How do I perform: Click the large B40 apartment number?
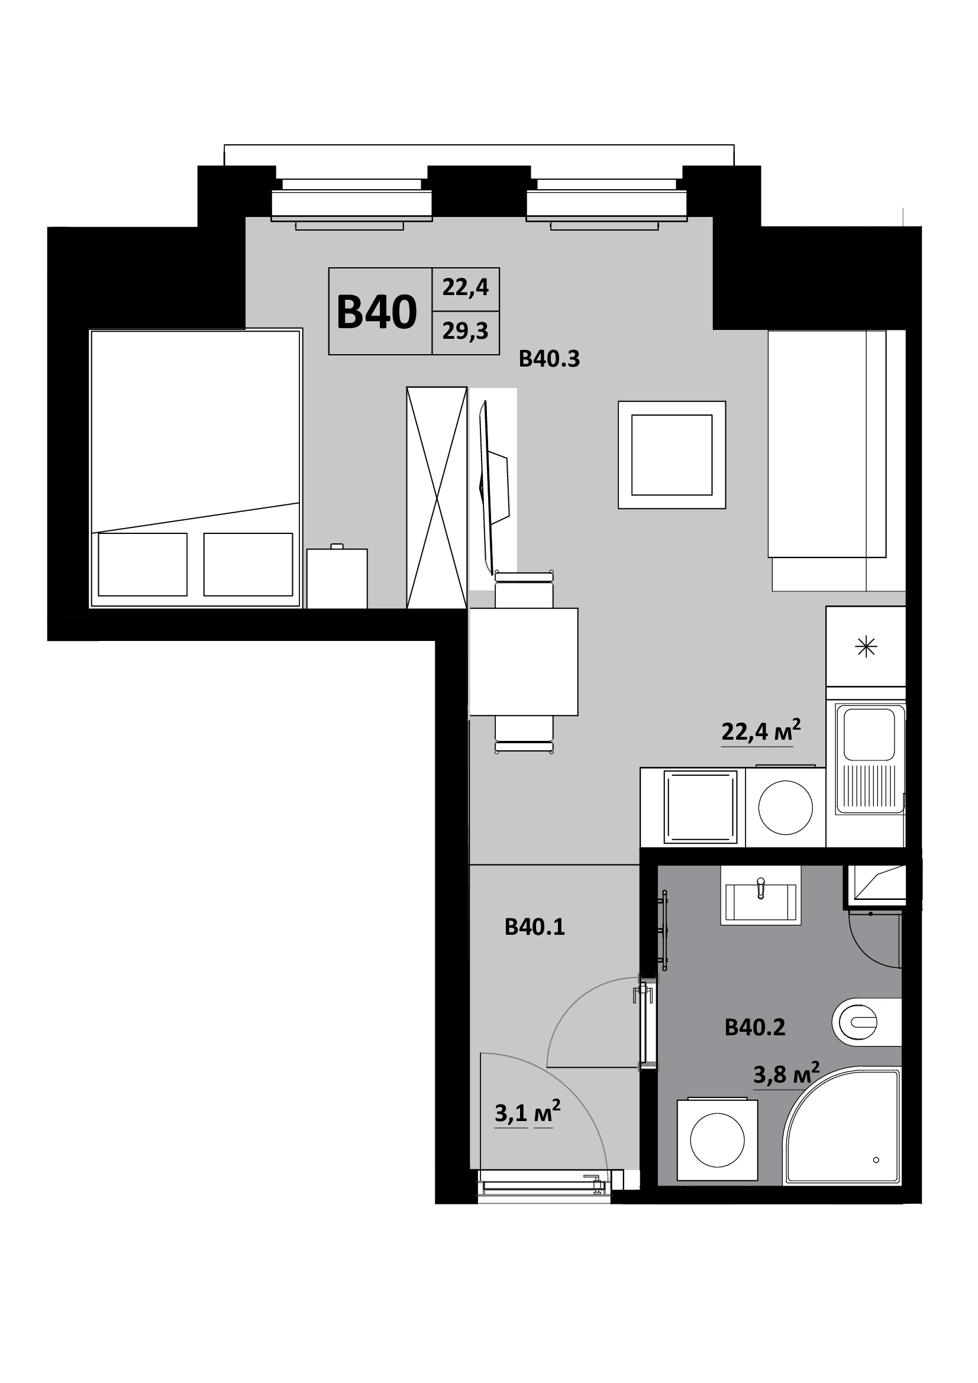(377, 312)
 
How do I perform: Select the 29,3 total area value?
(465, 331)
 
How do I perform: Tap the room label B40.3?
(549, 359)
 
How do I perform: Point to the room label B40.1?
(534, 927)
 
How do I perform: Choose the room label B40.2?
(755, 1027)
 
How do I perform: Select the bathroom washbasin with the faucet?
(761, 896)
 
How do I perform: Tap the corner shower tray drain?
(876, 1159)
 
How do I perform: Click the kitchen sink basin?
(869, 734)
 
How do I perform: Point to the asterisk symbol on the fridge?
(867, 647)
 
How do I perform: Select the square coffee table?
(672, 455)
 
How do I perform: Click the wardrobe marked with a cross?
(437, 497)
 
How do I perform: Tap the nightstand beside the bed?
(337, 578)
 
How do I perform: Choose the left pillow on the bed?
(143, 565)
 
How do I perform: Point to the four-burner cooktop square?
(700, 808)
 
